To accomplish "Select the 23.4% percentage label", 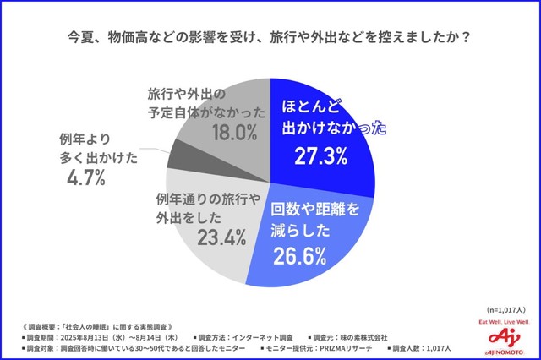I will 217,238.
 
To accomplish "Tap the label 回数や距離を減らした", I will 314,219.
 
